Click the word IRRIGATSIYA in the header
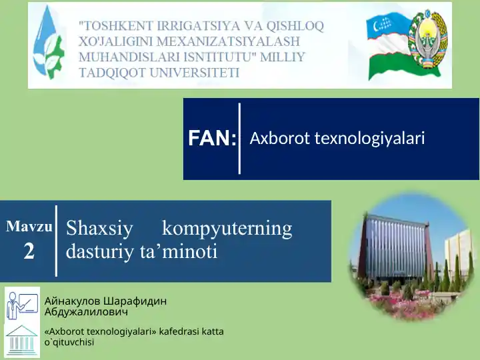pyautogui.click(x=181, y=26)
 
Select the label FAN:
pyautogui.click(x=212, y=139)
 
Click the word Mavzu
pyautogui.click(x=29, y=226)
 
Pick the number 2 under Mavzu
pyautogui.click(x=29, y=251)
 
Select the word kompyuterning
pyautogui.click(x=227, y=229)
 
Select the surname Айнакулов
pyautogui.click(x=75, y=301)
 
